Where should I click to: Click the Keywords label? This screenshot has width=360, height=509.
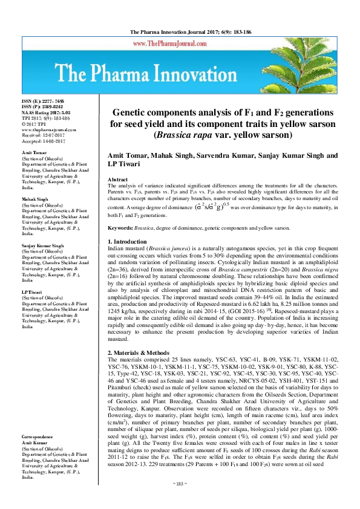(120, 227)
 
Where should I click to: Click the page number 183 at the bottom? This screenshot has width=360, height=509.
(179, 501)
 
